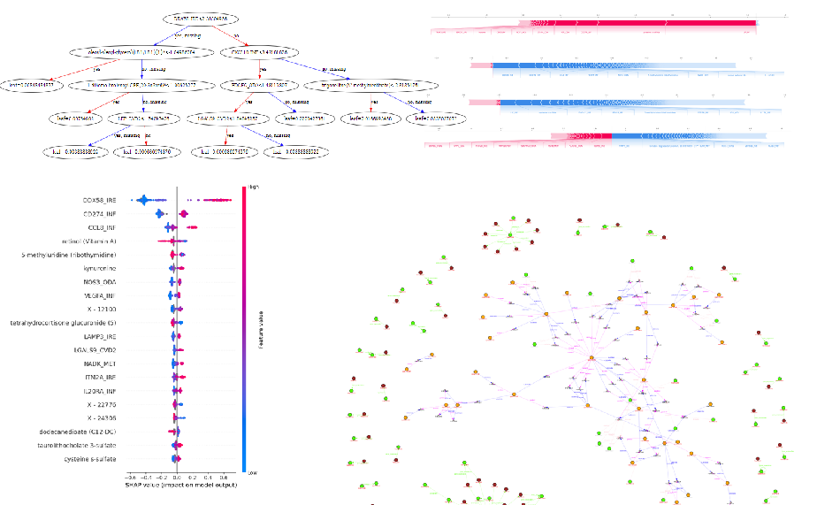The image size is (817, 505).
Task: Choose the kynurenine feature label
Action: [x=103, y=268]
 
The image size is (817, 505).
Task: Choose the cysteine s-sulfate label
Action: [x=95, y=459]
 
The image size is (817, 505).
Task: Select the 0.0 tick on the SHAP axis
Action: [x=178, y=475]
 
